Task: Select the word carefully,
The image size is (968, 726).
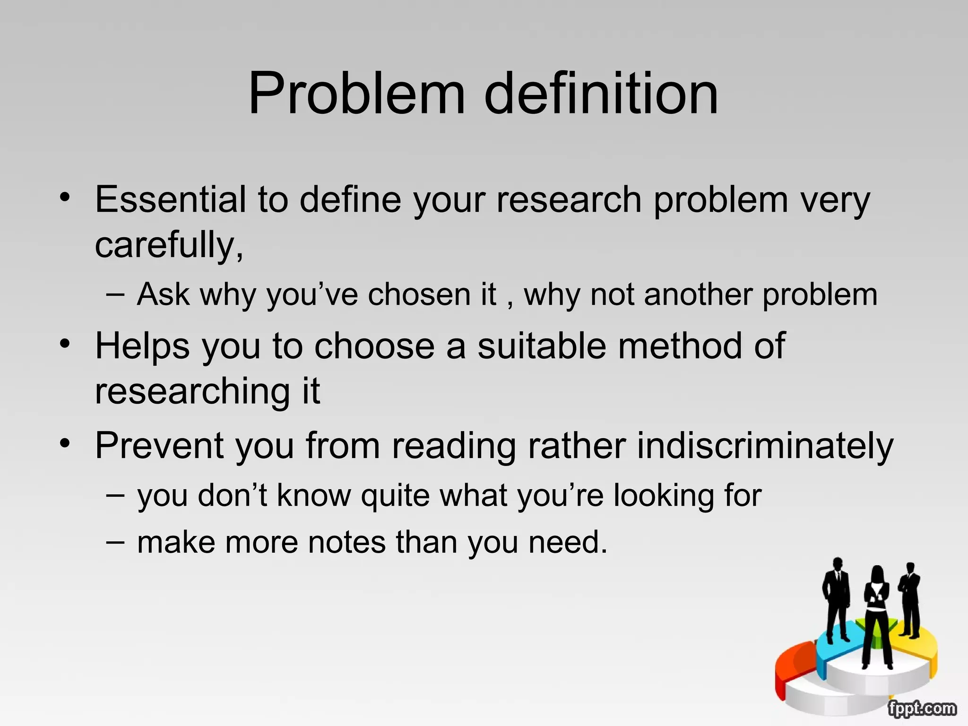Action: [x=169, y=245]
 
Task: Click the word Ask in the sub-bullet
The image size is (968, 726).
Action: [x=163, y=294]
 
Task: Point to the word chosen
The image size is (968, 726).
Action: [x=419, y=294]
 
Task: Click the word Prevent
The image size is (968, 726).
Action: [x=159, y=446]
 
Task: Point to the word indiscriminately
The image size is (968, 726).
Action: [x=765, y=446]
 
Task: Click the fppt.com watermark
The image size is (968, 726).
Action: [x=921, y=709]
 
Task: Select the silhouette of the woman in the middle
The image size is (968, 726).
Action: [x=877, y=614]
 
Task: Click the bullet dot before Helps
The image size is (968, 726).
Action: [x=65, y=343]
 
